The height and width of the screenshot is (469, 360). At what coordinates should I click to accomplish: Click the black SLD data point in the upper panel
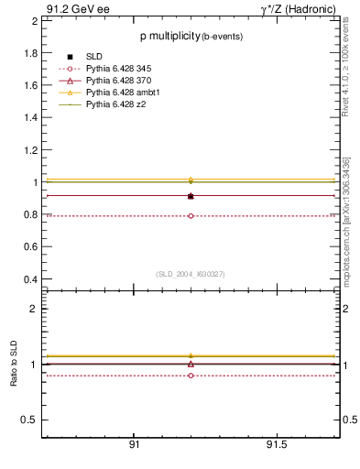tap(191, 196)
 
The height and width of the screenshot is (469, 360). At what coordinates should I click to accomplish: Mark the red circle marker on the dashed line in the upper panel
tap(191, 216)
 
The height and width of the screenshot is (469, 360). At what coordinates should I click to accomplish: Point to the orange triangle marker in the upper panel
tap(191, 180)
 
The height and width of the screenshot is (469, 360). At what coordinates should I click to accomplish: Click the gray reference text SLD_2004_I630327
tap(191, 274)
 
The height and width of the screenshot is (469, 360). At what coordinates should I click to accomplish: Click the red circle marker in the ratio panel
tap(191, 376)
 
